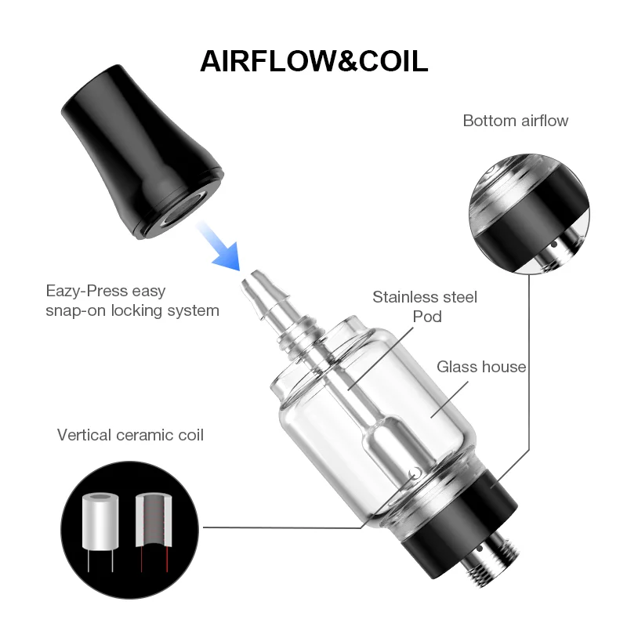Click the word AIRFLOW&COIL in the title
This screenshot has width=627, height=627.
click(x=313, y=61)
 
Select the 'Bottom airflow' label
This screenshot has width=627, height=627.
click(x=515, y=121)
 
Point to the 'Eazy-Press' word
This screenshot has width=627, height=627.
click(x=85, y=291)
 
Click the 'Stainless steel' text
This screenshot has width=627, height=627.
click(x=424, y=297)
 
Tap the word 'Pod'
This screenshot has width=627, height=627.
click(x=427, y=317)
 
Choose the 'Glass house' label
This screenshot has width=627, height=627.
click(x=481, y=366)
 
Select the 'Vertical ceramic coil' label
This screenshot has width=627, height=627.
click(x=130, y=434)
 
